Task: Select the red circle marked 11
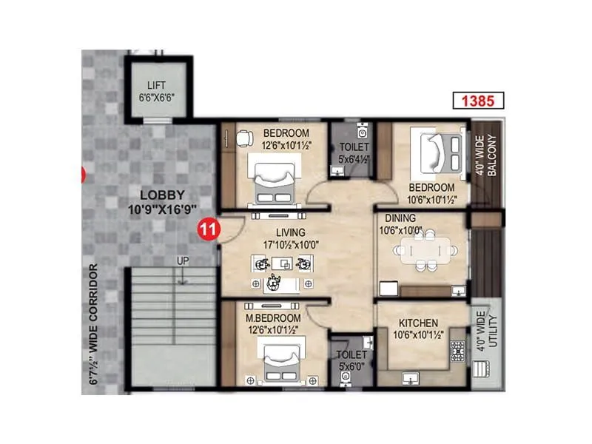tap(209, 229)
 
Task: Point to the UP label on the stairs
tap(181, 261)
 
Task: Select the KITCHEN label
tap(418, 323)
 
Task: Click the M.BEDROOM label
tap(273, 318)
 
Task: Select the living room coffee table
tap(282, 263)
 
